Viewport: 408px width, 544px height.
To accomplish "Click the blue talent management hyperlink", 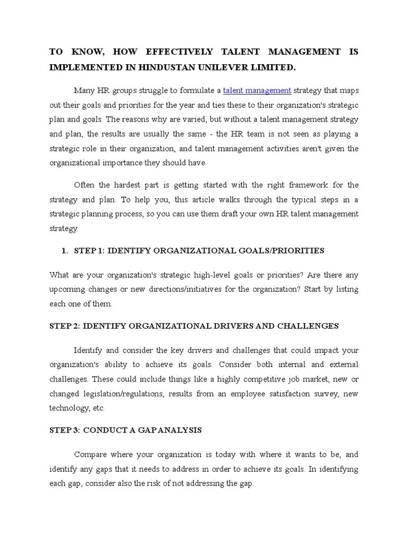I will [257, 90].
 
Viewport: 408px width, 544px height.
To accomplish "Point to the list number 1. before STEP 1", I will [65, 250].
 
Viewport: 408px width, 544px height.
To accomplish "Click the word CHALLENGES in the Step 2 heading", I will [309, 326].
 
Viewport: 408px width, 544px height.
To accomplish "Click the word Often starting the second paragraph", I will [84, 185].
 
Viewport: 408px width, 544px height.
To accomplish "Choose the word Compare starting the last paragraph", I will [90, 455].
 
